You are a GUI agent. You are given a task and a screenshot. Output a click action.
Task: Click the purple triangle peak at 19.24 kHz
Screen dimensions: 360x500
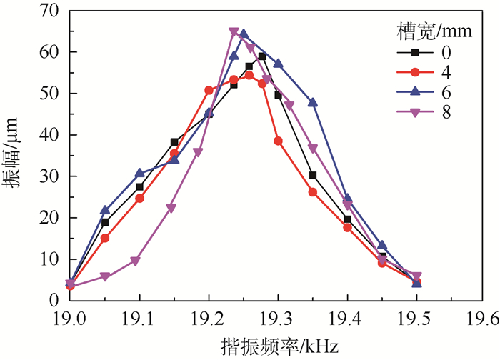234,31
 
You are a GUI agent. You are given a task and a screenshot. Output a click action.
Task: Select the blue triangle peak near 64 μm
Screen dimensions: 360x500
244,34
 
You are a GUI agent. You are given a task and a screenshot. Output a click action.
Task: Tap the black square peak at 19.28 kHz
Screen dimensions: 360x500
262,56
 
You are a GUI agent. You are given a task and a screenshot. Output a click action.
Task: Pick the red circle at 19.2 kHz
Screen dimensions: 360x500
209,90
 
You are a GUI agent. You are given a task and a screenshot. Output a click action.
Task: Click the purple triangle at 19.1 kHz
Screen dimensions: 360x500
135,261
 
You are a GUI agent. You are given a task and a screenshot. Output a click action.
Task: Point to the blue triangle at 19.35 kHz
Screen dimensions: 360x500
313,103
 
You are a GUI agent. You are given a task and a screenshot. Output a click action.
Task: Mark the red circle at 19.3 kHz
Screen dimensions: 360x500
278,141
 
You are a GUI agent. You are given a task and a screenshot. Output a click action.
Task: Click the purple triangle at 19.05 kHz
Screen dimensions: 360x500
105,276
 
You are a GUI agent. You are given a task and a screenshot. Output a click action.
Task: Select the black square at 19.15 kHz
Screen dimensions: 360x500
174,141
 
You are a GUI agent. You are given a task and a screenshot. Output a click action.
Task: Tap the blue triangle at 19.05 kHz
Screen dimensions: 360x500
105,211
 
